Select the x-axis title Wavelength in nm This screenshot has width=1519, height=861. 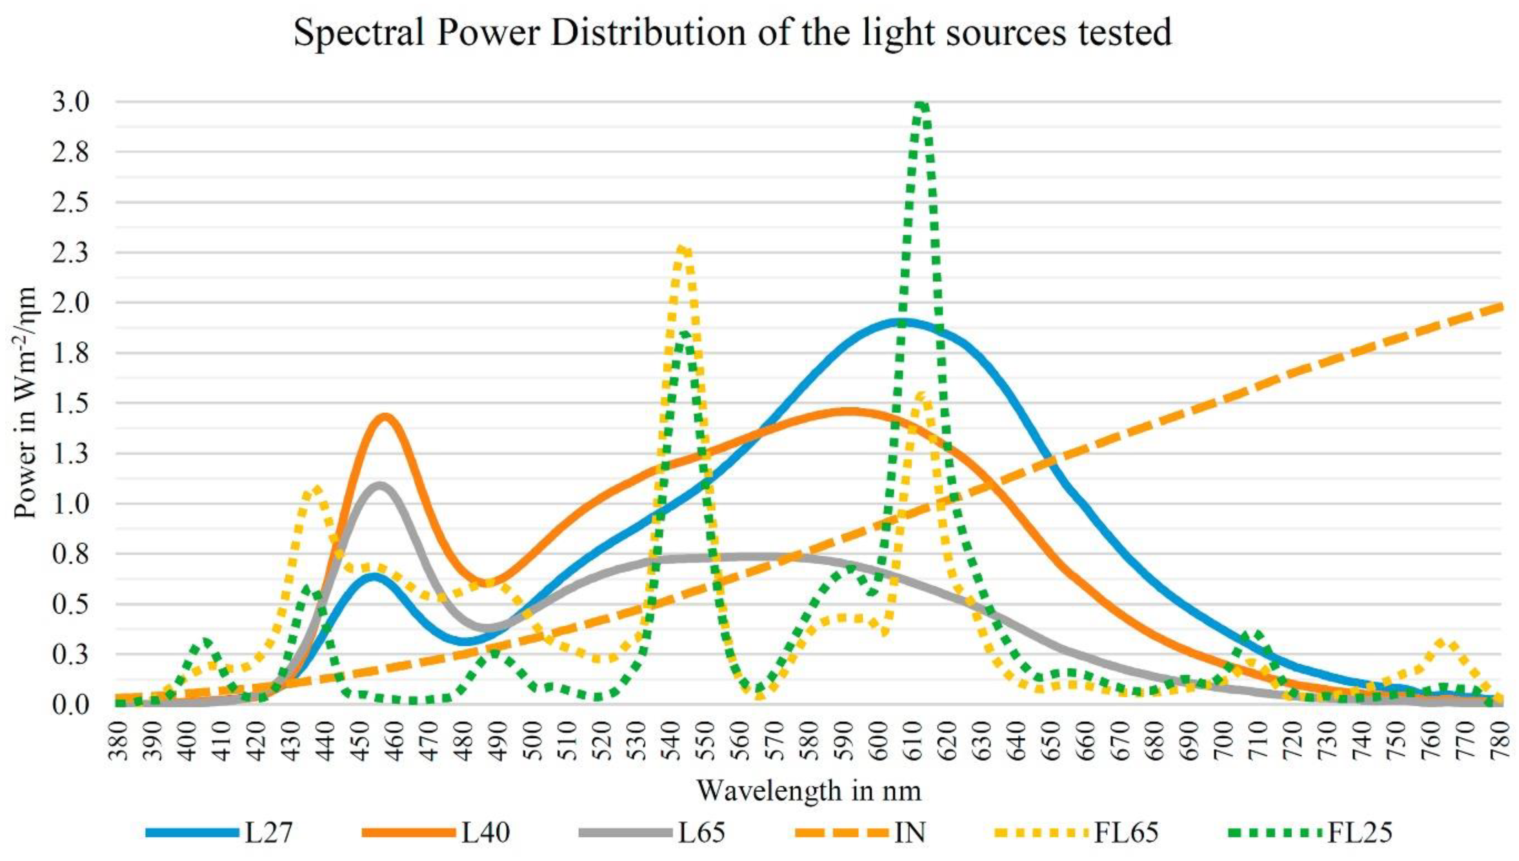pyautogui.click(x=809, y=790)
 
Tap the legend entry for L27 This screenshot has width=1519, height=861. pyautogui.click(x=269, y=832)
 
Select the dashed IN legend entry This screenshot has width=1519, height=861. pyautogui.click(x=910, y=832)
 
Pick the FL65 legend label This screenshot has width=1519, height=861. pyautogui.click(x=1126, y=832)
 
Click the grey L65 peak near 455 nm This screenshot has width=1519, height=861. pyautogui.click(x=380, y=486)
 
